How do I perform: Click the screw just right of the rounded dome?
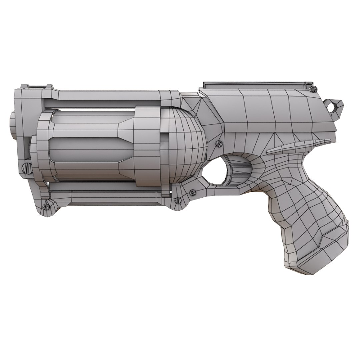pyautogui.click(x=219, y=144)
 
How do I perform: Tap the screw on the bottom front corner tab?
pyautogui.click(x=46, y=206)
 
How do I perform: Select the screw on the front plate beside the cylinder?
pyautogui.click(x=26, y=168)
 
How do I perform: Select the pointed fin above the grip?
pyautogui.click(x=297, y=147)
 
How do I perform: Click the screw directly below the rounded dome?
pyautogui.click(x=192, y=193)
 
